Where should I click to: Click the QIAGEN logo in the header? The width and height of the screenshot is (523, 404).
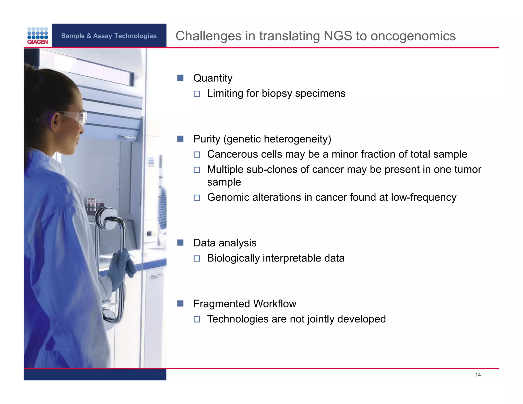38,36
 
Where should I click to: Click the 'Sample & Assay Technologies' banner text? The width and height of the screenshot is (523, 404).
109,36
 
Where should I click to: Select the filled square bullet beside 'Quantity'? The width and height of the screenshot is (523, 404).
180,78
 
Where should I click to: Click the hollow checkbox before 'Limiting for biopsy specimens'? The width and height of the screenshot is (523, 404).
197,94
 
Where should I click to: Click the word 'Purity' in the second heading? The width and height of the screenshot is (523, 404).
207,139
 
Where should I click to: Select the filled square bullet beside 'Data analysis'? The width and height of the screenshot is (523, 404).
180,243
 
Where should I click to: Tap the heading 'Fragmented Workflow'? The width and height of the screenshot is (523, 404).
245,304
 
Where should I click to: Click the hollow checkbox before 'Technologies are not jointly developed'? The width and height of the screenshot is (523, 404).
197,319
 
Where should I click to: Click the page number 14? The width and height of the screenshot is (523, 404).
478,375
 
